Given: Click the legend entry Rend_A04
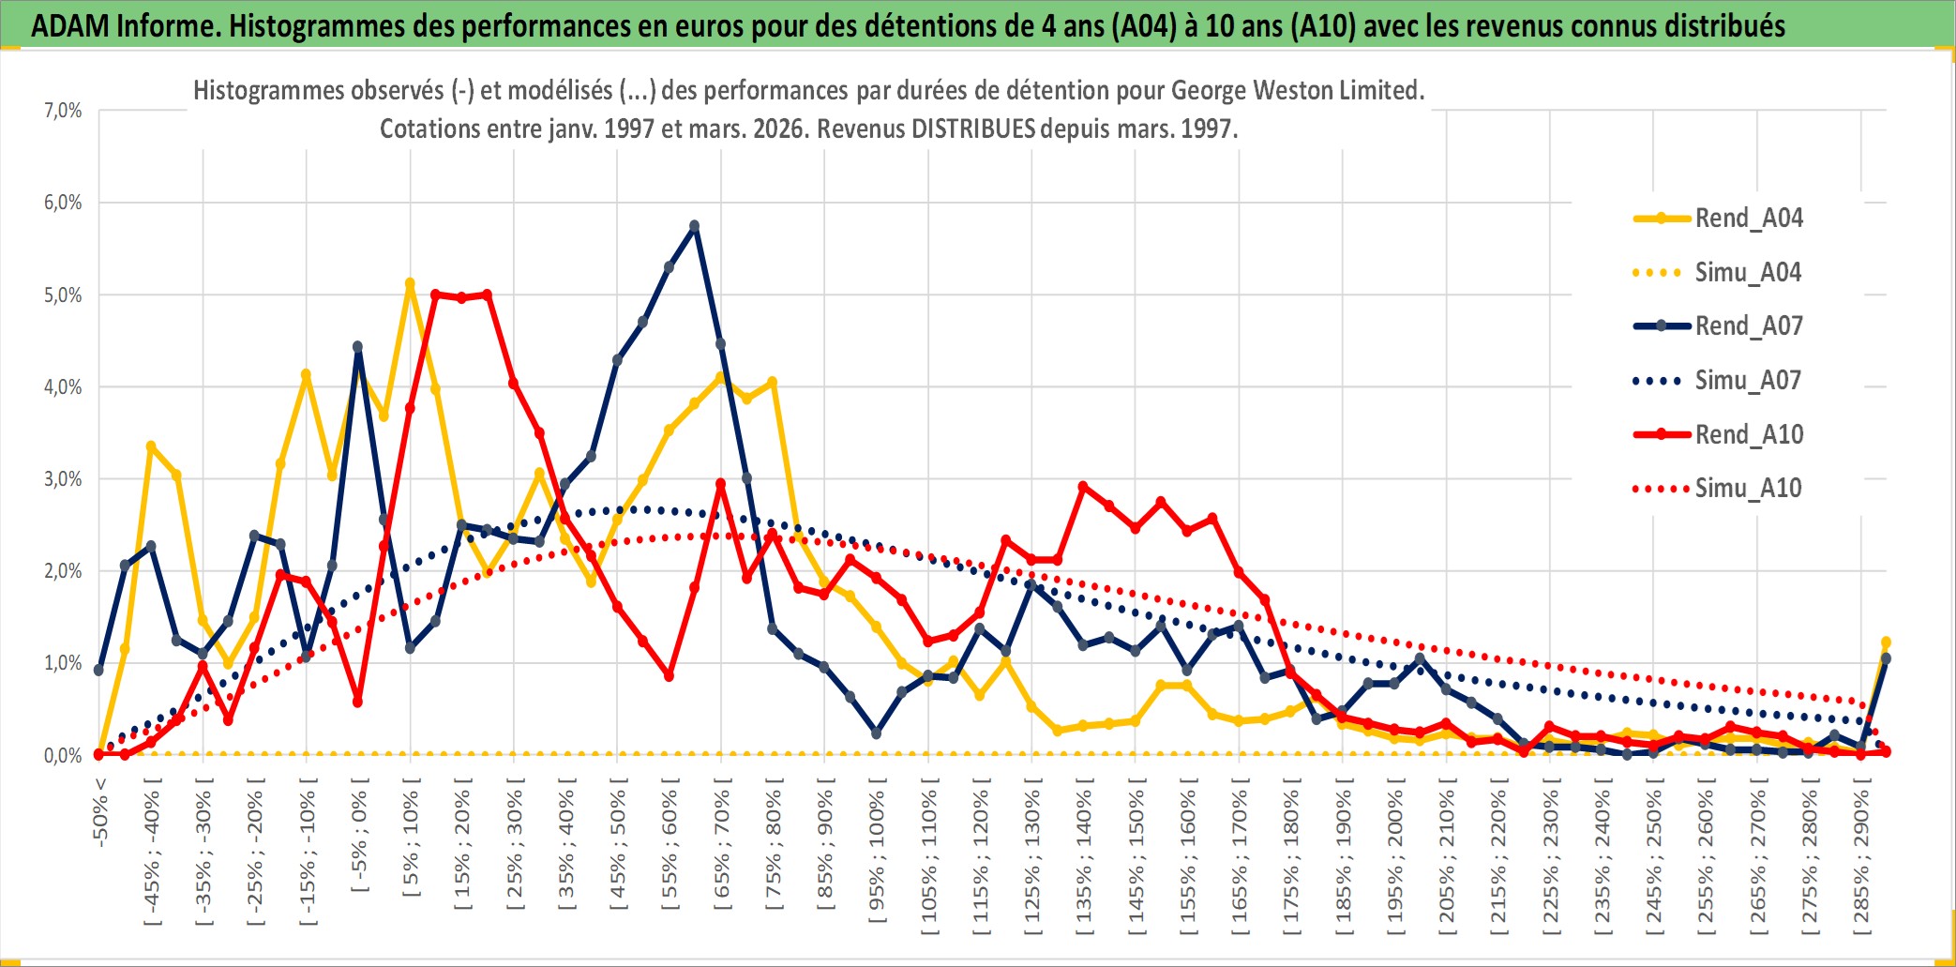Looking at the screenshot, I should point(1748,219).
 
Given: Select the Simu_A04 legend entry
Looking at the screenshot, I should point(1748,273).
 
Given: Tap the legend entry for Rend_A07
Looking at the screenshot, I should point(1748,326).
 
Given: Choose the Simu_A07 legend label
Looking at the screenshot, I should point(1748,381).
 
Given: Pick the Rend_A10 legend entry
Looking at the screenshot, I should point(1748,434).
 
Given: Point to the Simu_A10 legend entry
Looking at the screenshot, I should point(1748,488).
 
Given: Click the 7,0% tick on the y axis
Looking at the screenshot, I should point(63,111).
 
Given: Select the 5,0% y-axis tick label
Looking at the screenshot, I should point(63,295).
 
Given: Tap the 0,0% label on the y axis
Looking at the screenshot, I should point(63,756).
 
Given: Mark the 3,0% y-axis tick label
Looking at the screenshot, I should point(63,479).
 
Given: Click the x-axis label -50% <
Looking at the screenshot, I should point(100,812).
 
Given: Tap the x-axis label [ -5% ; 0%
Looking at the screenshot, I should point(359,837).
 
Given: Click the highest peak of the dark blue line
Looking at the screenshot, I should point(695,226).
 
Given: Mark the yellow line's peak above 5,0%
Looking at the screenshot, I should point(410,282).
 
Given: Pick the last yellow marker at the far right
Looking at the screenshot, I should point(1886,642).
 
